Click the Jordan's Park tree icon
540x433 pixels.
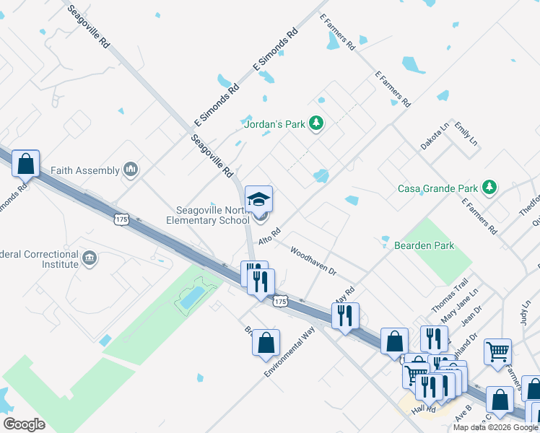(x=315, y=124)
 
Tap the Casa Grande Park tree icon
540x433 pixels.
(x=490, y=188)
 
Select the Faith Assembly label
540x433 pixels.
(x=84, y=170)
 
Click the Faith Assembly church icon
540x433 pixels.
(x=131, y=170)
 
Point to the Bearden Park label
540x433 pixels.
(x=424, y=245)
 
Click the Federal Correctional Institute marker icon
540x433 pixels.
(x=90, y=258)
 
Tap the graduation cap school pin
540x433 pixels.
(x=258, y=198)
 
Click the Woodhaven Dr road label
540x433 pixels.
(x=313, y=261)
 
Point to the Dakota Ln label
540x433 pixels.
(x=435, y=136)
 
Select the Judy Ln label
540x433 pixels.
(x=524, y=314)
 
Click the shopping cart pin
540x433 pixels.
(x=497, y=352)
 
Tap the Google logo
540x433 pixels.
(x=24, y=424)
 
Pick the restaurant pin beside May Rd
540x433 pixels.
(x=345, y=315)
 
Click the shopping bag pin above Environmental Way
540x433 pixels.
(x=266, y=342)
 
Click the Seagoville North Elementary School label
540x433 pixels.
(x=209, y=215)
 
